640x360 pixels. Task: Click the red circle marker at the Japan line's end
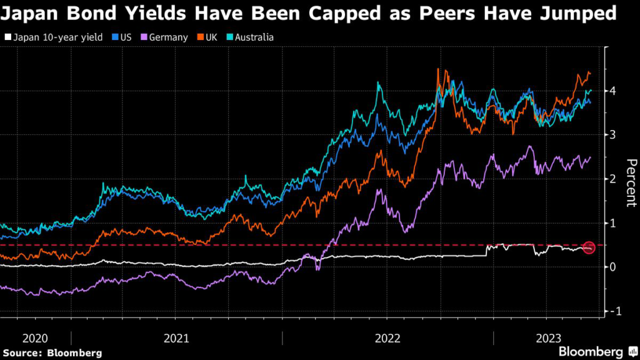pos(588,247)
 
